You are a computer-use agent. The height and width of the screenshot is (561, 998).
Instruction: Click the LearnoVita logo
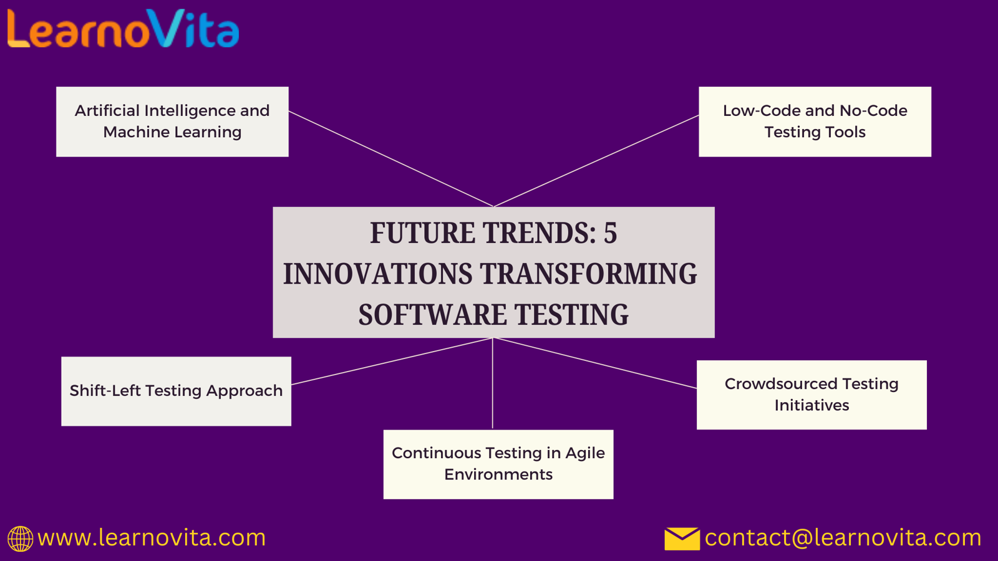pos(124,29)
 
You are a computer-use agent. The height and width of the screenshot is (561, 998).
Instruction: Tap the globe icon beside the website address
pos(20,539)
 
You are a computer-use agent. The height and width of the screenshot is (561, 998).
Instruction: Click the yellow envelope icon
pos(682,539)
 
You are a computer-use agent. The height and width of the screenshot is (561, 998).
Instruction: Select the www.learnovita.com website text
pos(152,538)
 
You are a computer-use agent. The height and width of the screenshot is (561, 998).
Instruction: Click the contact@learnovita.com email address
pos(843,538)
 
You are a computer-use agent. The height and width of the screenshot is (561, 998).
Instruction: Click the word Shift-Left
pos(105,390)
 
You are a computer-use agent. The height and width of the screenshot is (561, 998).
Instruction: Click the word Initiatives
pos(811,406)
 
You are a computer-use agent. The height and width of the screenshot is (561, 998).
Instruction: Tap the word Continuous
pos(436,453)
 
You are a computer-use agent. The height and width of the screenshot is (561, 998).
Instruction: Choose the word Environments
pos(498,474)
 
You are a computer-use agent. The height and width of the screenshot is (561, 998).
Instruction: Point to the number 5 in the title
pos(611,233)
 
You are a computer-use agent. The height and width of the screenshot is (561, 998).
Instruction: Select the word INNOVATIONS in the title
pos(378,274)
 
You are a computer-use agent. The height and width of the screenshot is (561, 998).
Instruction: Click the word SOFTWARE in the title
pos(433,314)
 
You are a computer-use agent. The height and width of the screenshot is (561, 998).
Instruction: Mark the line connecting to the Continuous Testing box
pos(493,383)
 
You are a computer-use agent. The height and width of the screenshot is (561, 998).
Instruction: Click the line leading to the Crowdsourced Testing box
pos(595,363)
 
